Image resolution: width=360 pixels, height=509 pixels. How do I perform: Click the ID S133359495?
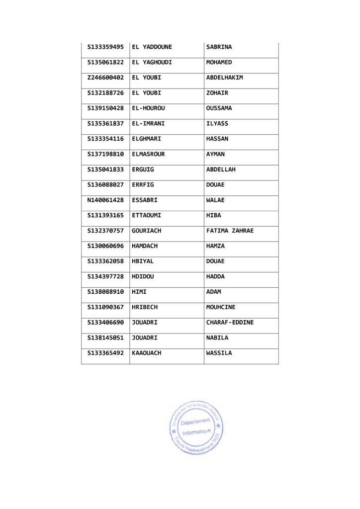tap(105, 47)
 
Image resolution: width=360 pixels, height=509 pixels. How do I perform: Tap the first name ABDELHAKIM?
tap(224, 78)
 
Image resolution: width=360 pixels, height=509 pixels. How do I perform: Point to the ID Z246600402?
tap(105, 78)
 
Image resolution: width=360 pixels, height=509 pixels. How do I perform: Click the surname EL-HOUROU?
tap(148, 108)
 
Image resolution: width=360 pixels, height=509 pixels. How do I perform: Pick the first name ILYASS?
tap(217, 124)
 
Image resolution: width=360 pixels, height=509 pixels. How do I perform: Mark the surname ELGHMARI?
tap(146, 139)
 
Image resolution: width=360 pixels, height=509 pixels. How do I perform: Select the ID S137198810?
tap(105, 154)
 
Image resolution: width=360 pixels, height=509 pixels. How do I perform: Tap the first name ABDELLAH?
tap(221, 170)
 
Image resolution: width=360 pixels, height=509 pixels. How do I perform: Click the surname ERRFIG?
tap(143, 185)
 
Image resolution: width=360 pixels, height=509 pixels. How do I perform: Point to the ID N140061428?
tap(105, 200)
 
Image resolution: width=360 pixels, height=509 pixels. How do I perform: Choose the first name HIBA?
tap(213, 216)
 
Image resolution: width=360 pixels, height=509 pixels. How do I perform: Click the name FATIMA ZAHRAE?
tap(230, 231)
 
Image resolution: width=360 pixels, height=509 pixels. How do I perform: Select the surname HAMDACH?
tap(145, 246)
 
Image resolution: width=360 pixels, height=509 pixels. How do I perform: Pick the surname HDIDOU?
tap(143, 277)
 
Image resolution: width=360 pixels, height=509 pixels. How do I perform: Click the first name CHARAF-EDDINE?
tap(230, 323)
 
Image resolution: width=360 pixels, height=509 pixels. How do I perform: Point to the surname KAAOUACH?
tap(146, 353)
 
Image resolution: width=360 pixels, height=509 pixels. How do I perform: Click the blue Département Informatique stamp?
tap(197, 428)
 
